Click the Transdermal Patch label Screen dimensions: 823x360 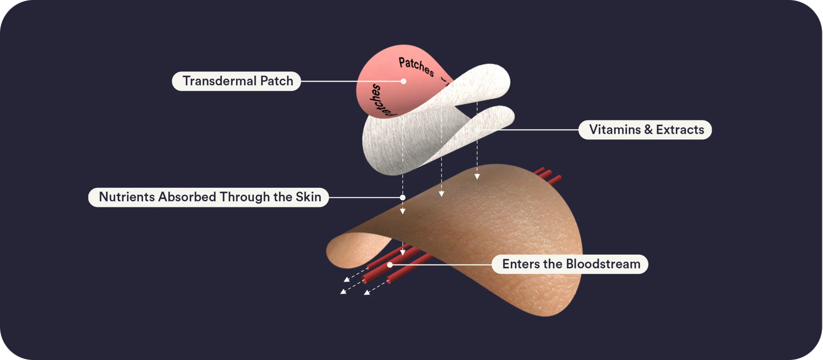[236, 81]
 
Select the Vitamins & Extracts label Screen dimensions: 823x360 [645, 130]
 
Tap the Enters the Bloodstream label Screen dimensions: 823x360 [570, 264]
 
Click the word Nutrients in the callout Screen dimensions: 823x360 [127, 197]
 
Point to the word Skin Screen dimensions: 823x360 [308, 197]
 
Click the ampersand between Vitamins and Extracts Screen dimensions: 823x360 [648, 130]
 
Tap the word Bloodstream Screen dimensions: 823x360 [603, 264]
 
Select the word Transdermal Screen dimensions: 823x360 [219, 81]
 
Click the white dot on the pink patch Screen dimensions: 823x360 [403, 81]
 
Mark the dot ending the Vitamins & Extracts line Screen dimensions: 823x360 [477, 130]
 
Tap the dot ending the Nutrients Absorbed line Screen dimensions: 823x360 [403, 198]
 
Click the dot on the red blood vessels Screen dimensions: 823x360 [390, 265]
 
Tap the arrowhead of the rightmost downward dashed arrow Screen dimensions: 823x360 [477, 177]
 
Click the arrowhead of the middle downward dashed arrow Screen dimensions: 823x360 [442, 194]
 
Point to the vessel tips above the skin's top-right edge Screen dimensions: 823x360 [548, 175]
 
